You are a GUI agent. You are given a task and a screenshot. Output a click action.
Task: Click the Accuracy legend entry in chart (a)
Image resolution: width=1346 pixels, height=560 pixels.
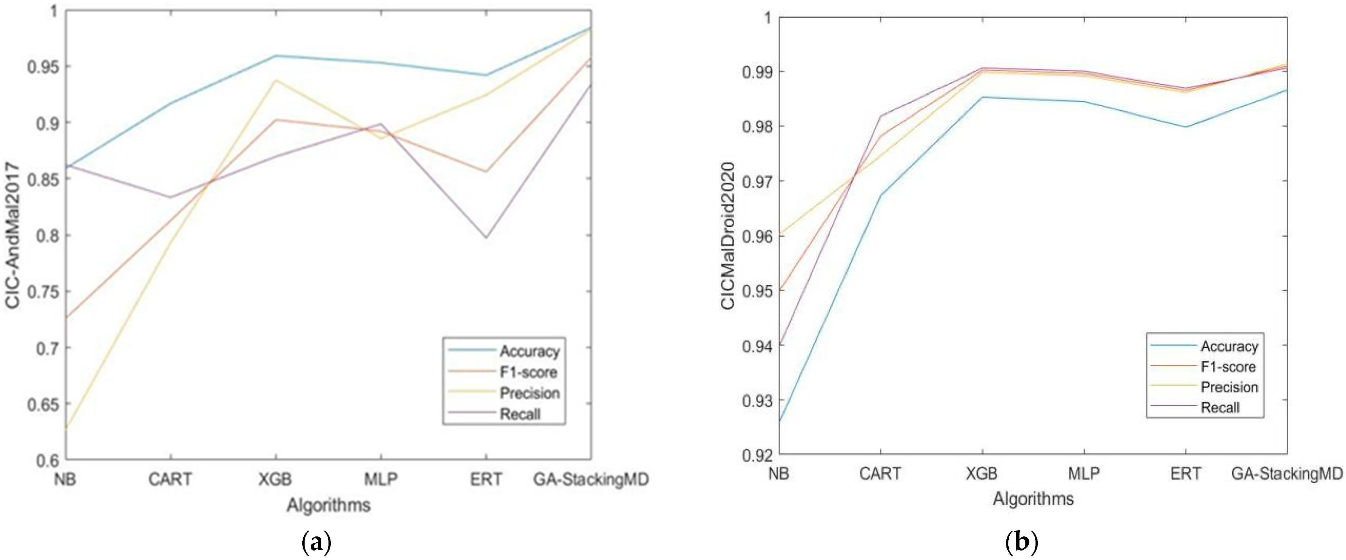click(x=529, y=352)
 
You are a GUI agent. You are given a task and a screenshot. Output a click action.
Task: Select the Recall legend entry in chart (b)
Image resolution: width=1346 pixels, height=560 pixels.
click(x=1220, y=407)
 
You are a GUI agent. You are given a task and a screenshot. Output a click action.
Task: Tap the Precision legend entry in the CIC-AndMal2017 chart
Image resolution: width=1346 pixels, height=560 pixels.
click(x=529, y=393)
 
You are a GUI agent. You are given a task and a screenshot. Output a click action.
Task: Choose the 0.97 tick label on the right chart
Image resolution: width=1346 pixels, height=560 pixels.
click(x=756, y=181)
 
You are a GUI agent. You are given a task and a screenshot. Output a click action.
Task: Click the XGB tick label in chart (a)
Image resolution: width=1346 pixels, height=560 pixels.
click(x=275, y=479)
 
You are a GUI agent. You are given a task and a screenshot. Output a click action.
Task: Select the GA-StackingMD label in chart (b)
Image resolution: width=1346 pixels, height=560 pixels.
click(x=1286, y=474)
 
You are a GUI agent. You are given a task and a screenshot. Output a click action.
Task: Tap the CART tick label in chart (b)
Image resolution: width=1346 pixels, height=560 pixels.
click(x=880, y=474)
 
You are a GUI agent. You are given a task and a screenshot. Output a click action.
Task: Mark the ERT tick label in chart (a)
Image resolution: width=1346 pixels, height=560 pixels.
click(x=486, y=479)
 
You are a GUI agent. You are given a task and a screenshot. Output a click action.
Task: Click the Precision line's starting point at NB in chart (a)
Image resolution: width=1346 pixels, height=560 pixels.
click(x=67, y=429)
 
